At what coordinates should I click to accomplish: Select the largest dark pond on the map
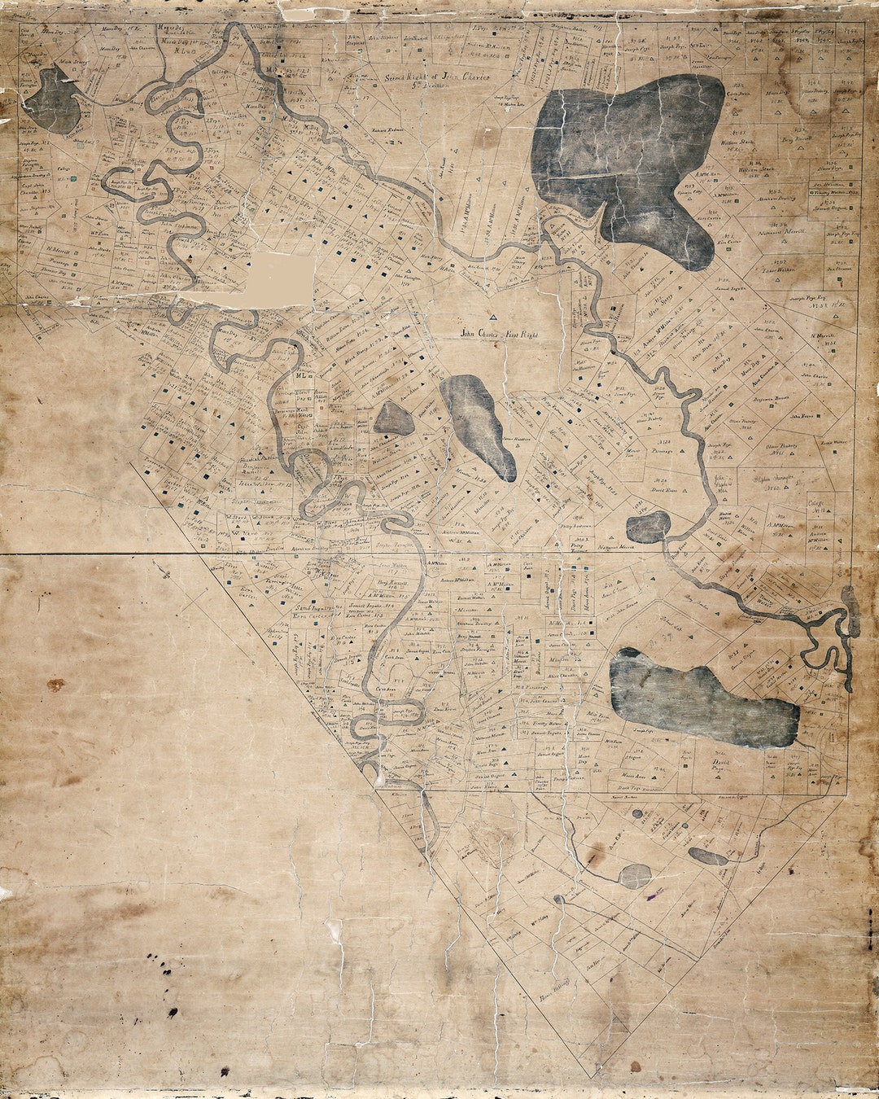(x=627, y=163)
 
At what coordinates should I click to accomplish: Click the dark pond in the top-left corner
(x=54, y=102)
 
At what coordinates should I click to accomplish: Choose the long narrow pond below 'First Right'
(x=479, y=424)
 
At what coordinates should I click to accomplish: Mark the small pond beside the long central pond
(x=393, y=419)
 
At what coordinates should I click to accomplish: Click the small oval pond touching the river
(x=649, y=528)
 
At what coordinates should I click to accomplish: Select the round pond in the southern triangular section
(x=634, y=876)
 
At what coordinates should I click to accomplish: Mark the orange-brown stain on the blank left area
(x=55, y=685)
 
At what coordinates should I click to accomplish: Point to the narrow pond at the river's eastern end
(x=851, y=611)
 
